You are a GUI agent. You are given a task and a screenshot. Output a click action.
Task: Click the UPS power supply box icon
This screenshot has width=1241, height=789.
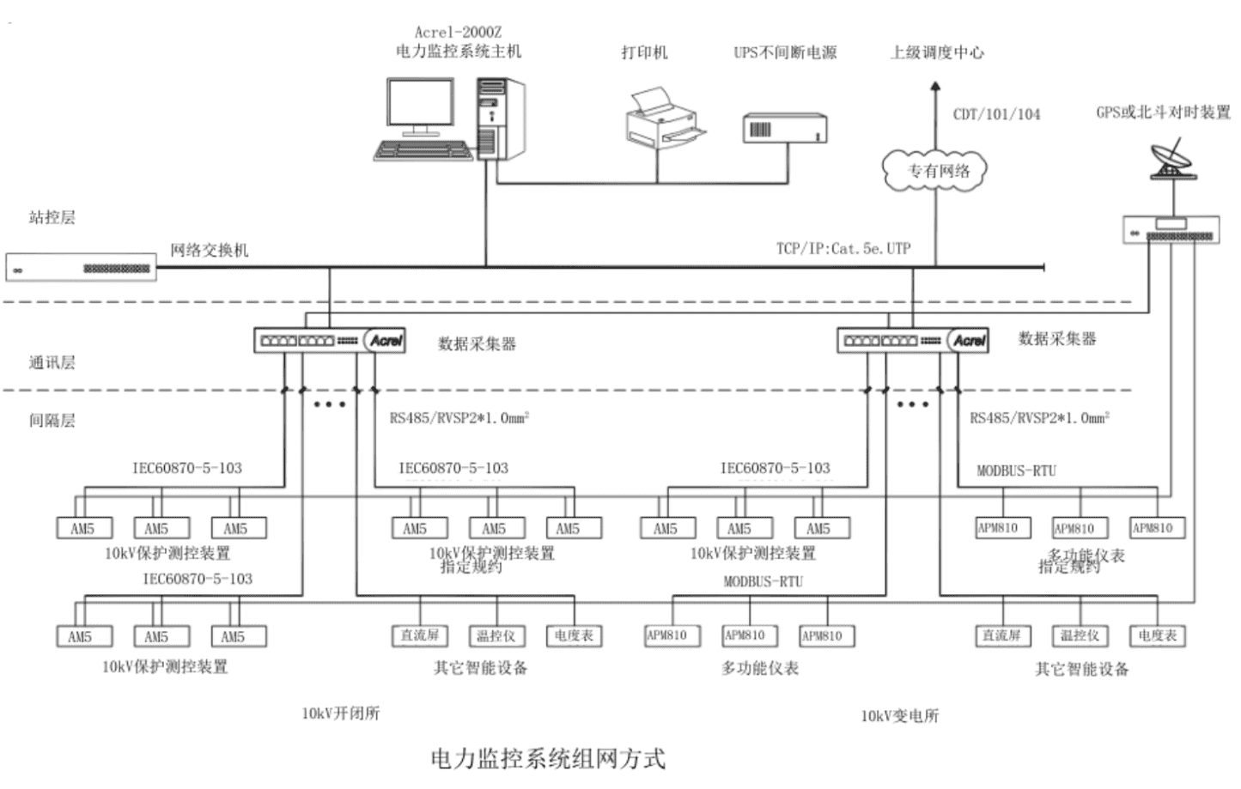pyautogui.click(x=784, y=129)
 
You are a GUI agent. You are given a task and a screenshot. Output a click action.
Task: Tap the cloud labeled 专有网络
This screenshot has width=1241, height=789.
pyautogui.click(x=935, y=170)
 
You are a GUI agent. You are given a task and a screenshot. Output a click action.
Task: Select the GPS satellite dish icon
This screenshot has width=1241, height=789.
pyautogui.click(x=1171, y=161)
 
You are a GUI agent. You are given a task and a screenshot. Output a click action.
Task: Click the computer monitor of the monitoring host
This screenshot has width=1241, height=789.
pyautogui.click(x=420, y=105)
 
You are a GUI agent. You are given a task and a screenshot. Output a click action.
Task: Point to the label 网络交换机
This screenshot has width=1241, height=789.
pyautogui.click(x=209, y=250)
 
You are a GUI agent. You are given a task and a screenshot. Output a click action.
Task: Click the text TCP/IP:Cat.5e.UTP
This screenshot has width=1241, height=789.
pyautogui.click(x=843, y=248)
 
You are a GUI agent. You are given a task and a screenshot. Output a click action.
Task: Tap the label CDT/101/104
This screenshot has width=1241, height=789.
pyautogui.click(x=996, y=114)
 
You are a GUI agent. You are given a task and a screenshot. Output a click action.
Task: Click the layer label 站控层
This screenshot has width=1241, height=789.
pyautogui.click(x=52, y=217)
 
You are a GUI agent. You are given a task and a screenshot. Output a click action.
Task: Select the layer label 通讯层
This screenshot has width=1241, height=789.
pyautogui.click(x=52, y=362)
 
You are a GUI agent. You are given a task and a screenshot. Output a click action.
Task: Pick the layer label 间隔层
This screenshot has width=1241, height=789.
pyautogui.click(x=52, y=420)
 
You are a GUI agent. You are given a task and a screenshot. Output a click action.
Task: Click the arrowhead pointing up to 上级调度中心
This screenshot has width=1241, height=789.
pyautogui.click(x=935, y=87)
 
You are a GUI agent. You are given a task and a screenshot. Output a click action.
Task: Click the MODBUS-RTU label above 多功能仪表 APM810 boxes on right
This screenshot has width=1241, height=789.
pyautogui.click(x=1016, y=470)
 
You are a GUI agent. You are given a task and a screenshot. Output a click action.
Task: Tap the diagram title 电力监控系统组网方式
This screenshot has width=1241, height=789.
pyautogui.click(x=548, y=758)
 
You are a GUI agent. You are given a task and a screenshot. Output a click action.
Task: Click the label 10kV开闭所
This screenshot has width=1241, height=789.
pyautogui.click(x=340, y=713)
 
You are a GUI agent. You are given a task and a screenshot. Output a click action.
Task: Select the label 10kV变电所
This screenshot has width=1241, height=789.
pyautogui.click(x=900, y=715)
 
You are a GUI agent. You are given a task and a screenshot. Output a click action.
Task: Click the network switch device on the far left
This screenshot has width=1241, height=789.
pyautogui.click(x=82, y=268)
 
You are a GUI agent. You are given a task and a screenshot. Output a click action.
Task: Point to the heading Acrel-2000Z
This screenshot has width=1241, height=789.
pyautogui.click(x=458, y=32)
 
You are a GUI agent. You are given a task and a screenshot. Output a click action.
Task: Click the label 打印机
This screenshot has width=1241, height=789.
pyautogui.click(x=644, y=52)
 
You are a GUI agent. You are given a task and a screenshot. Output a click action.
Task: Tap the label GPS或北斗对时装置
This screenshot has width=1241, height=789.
pyautogui.click(x=1163, y=112)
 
